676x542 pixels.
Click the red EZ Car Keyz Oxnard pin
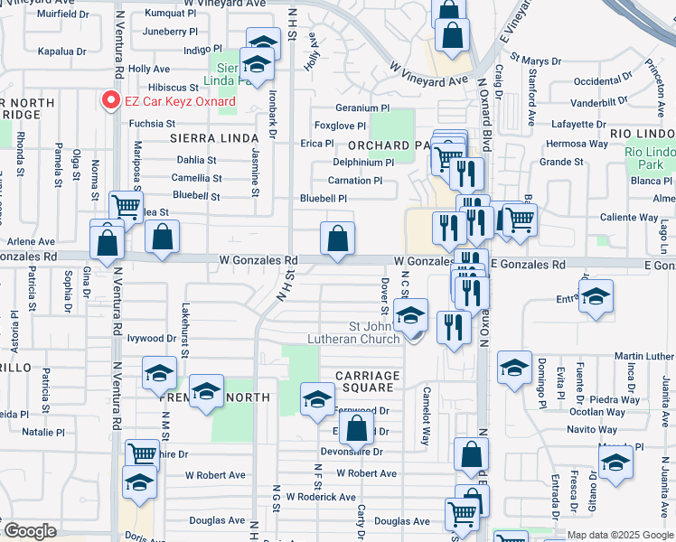(x=111, y=100)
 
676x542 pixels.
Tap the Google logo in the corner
(x=30, y=531)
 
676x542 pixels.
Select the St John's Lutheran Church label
(x=374, y=332)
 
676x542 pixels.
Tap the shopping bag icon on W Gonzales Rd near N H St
(x=337, y=238)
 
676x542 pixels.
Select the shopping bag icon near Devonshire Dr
(x=358, y=427)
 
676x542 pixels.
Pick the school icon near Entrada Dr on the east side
(x=596, y=294)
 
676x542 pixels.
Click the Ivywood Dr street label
(x=151, y=339)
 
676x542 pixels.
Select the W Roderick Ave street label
(x=321, y=497)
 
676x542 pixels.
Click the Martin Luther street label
(x=644, y=357)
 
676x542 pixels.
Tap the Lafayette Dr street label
(x=578, y=125)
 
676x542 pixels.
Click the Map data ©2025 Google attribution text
(x=620, y=535)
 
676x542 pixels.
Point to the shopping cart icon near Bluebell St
(x=127, y=207)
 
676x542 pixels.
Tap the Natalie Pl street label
(x=43, y=433)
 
